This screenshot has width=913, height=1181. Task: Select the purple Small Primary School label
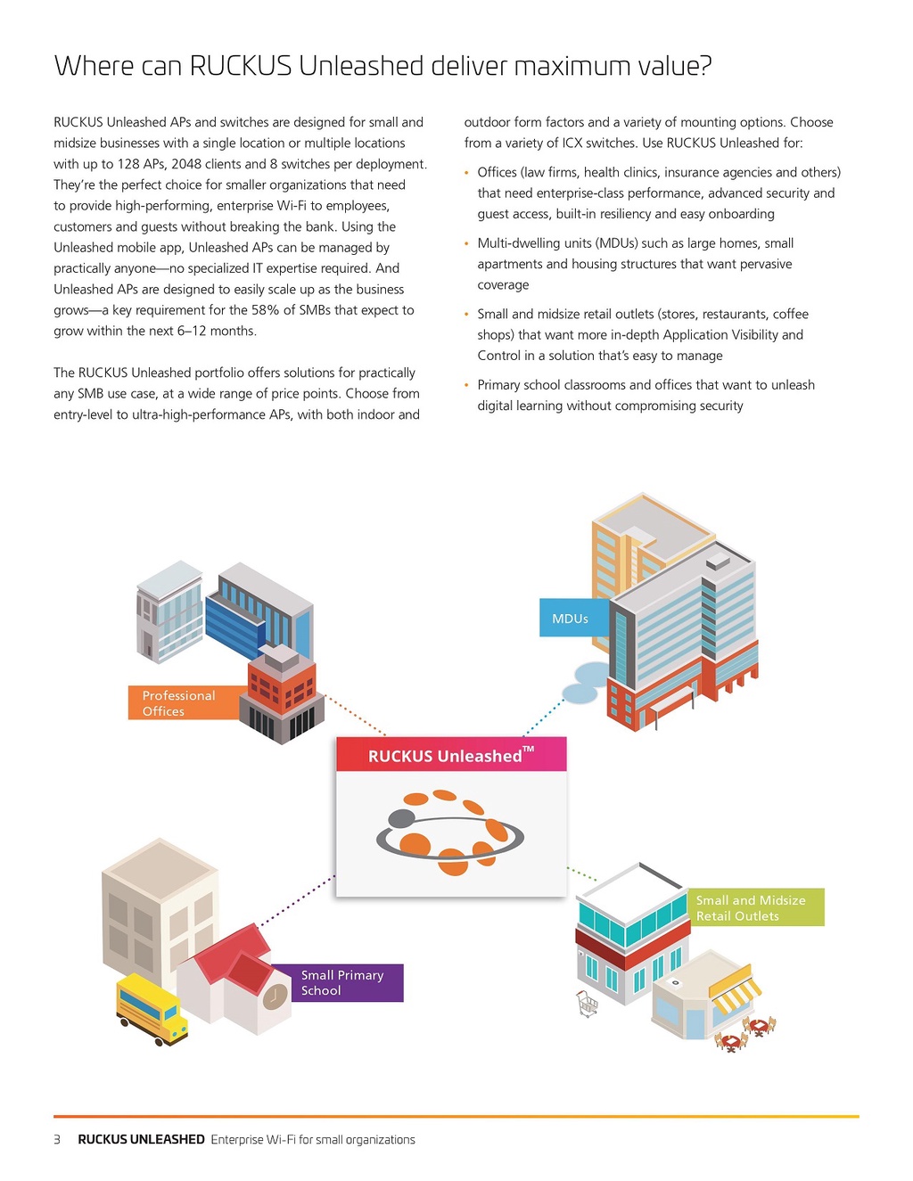click(x=338, y=982)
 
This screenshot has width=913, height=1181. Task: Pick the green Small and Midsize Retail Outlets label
click(x=756, y=907)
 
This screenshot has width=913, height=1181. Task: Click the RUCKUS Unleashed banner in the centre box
click(x=451, y=754)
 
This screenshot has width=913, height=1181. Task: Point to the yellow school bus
click(x=152, y=1009)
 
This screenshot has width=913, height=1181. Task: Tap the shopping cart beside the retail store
click(x=588, y=1004)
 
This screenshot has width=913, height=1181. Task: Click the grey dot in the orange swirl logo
click(x=402, y=818)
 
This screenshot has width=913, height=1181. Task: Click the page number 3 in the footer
click(x=57, y=1140)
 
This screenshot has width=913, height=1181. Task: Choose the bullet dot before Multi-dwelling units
click(x=466, y=243)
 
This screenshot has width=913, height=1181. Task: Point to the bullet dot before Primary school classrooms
click(x=466, y=385)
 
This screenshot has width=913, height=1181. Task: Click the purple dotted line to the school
click(x=297, y=901)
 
